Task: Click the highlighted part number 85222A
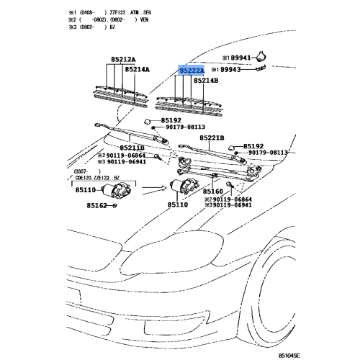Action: pos(192,71)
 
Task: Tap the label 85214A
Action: pos(138,70)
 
